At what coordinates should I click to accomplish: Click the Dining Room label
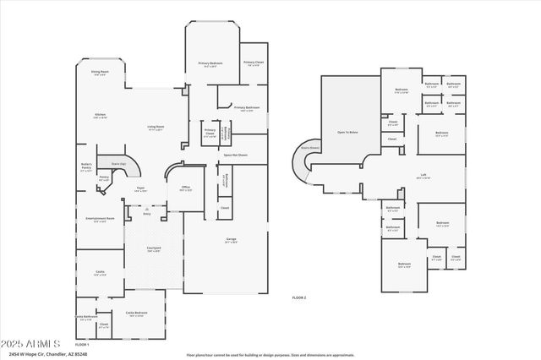(x=100, y=73)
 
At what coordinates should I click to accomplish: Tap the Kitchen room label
(x=99, y=115)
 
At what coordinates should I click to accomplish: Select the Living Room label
(x=156, y=128)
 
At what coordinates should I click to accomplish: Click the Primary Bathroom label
(x=246, y=109)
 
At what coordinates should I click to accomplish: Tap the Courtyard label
(x=154, y=249)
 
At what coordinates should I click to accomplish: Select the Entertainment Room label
(x=100, y=219)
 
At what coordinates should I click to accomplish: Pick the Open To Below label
(x=347, y=133)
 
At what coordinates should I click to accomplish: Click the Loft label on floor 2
(x=424, y=175)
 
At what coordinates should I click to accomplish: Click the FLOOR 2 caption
(x=298, y=297)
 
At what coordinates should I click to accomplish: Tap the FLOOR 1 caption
(x=81, y=345)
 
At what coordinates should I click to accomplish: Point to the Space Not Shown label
(x=235, y=155)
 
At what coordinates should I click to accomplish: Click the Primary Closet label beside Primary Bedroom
(x=254, y=63)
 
